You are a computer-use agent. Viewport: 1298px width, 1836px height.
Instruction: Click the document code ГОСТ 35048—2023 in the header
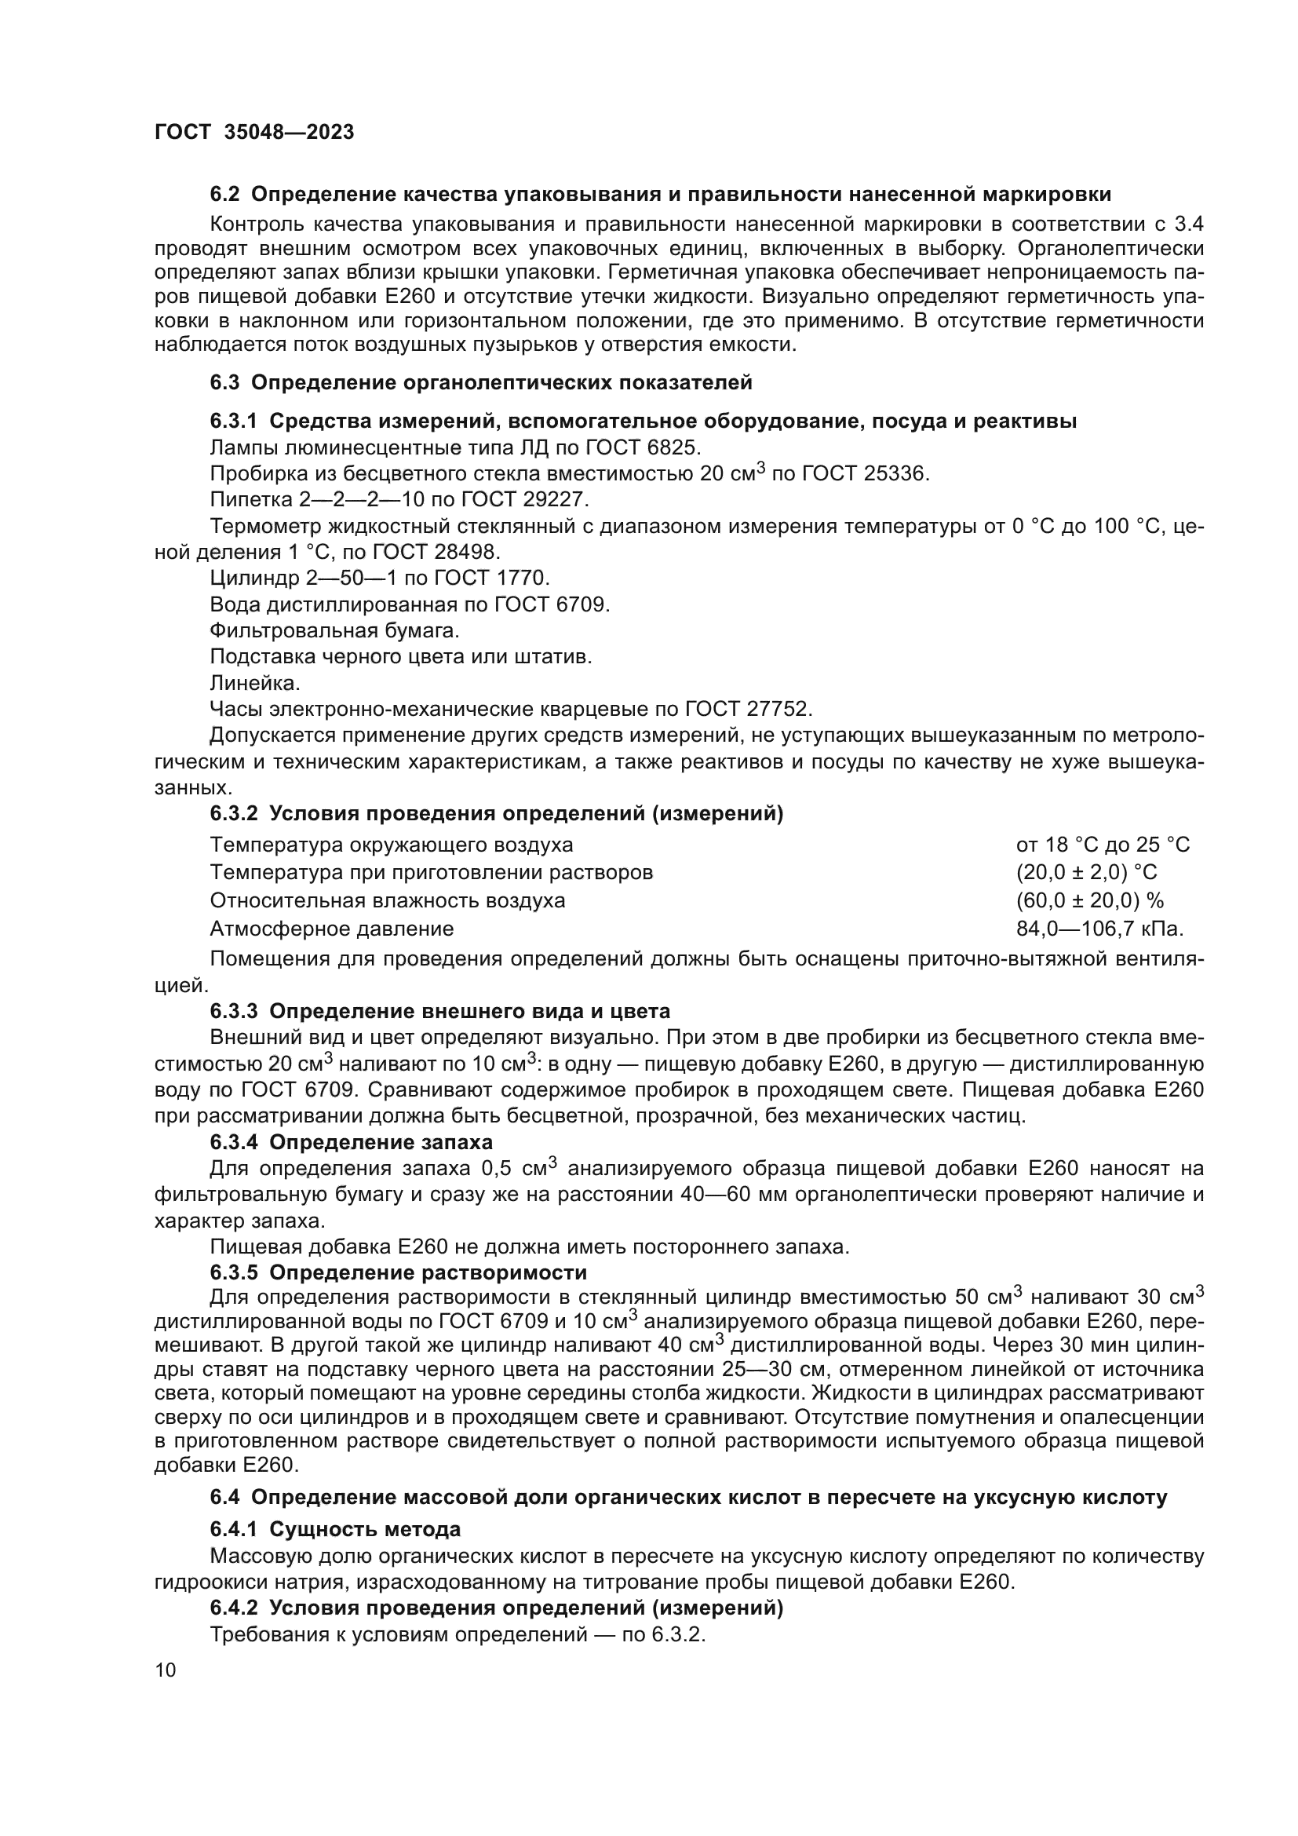coord(254,133)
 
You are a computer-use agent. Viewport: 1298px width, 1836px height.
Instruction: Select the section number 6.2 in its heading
coord(224,195)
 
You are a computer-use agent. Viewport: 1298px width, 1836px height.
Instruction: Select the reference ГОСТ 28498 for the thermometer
coord(435,552)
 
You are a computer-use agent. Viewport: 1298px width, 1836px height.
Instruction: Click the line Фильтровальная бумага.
coord(334,631)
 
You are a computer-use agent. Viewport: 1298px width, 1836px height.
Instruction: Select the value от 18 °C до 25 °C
coord(1103,845)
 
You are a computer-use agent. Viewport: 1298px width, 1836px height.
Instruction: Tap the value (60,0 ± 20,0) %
coord(1089,900)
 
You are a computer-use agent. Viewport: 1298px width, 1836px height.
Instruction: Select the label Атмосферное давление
coord(332,929)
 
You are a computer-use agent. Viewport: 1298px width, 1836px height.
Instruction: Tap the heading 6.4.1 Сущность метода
coord(335,1530)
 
